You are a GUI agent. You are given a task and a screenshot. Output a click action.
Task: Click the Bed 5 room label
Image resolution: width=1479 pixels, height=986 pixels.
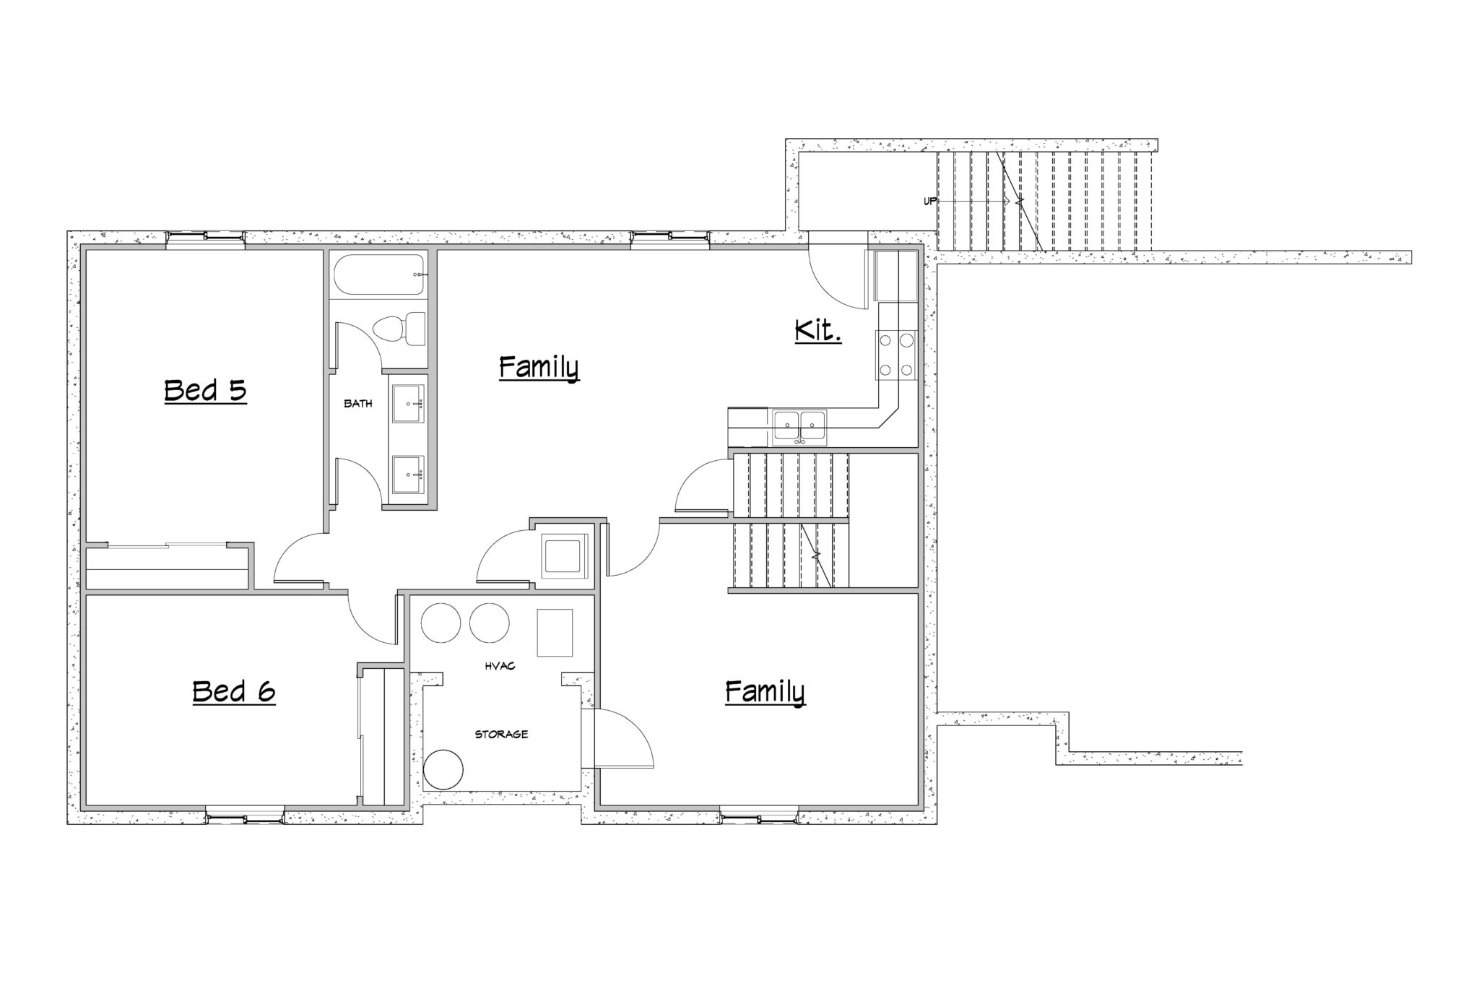click(x=206, y=391)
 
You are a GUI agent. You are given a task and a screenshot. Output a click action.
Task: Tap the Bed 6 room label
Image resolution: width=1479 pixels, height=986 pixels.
click(x=234, y=692)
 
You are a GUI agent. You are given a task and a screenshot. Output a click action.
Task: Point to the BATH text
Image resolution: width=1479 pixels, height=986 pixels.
click(x=358, y=404)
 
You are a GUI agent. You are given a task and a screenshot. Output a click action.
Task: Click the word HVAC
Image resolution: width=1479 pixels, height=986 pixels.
click(x=500, y=666)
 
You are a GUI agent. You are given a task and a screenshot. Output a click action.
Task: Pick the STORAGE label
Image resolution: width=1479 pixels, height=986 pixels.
click(x=501, y=735)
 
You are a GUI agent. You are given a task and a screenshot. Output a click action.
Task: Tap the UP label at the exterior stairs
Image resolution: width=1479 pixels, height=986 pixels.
click(x=929, y=201)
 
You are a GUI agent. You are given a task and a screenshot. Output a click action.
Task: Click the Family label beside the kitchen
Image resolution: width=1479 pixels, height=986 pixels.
click(x=539, y=368)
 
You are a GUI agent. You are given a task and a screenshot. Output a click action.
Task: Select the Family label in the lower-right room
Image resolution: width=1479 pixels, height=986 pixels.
click(x=765, y=692)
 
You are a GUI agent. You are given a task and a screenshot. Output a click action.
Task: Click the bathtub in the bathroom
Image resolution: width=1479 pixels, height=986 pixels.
click(x=380, y=275)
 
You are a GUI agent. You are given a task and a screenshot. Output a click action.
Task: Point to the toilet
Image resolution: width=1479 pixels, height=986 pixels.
click(x=399, y=329)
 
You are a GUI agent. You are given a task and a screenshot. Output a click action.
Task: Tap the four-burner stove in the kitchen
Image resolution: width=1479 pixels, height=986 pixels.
click(x=895, y=355)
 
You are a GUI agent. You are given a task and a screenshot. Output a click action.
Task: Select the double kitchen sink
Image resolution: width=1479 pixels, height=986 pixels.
click(x=799, y=425)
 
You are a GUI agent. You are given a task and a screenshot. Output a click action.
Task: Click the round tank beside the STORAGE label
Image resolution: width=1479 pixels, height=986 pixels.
click(x=443, y=770)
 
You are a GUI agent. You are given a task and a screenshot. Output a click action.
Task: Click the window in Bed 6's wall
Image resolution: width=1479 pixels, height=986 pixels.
click(x=245, y=818)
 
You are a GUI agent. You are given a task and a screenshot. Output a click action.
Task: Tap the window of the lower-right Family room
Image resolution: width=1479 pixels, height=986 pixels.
click(x=760, y=818)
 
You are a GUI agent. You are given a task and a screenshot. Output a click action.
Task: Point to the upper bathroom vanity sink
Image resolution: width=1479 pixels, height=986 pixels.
click(x=409, y=404)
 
